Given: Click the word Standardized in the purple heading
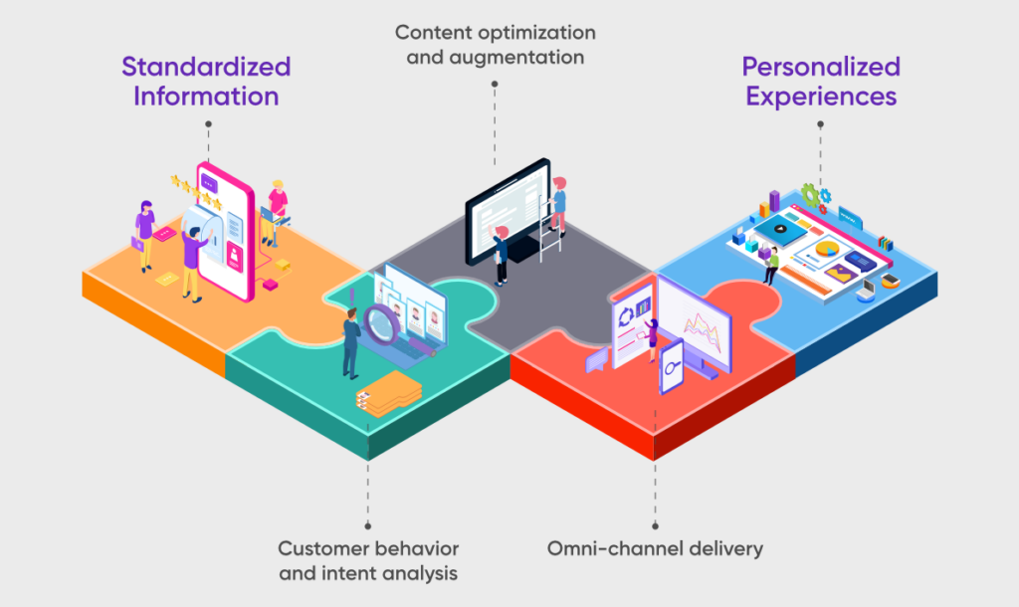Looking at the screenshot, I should (x=206, y=67).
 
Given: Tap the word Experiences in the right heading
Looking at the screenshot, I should (x=821, y=97).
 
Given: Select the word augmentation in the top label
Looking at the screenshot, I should (x=524, y=57).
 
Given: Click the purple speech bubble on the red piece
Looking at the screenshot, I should (x=597, y=360).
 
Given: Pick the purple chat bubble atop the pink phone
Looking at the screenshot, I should (x=208, y=183).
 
